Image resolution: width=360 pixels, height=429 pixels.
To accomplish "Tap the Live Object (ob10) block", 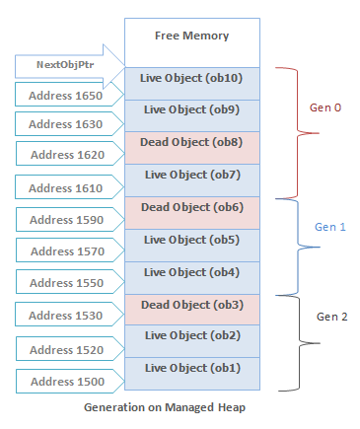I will [x=191, y=78].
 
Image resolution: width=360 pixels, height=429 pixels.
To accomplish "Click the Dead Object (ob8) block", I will [x=191, y=142].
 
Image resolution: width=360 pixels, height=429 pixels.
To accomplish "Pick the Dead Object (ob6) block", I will [x=191, y=207].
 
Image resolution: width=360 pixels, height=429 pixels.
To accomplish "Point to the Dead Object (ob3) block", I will [x=191, y=304].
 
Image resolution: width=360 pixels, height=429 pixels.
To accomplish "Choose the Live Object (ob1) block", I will [x=191, y=369].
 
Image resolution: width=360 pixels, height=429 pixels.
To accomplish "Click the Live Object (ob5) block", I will [x=191, y=240].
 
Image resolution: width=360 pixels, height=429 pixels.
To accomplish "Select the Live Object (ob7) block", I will [x=191, y=175].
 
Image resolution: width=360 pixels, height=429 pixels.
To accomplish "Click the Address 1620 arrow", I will [x=65, y=155].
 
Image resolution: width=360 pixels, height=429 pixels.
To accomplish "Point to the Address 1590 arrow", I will [x=65, y=220].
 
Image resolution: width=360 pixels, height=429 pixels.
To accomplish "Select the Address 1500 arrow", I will [x=65, y=381].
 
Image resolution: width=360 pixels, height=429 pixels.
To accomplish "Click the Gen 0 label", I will [x=324, y=107].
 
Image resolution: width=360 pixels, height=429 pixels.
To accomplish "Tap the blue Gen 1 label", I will [x=331, y=226].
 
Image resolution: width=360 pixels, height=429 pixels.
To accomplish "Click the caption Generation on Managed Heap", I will [x=191, y=406].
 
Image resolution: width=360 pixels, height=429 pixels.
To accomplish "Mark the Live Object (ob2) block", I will [x=191, y=336].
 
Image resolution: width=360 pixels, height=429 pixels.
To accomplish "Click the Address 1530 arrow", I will [x=65, y=317].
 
